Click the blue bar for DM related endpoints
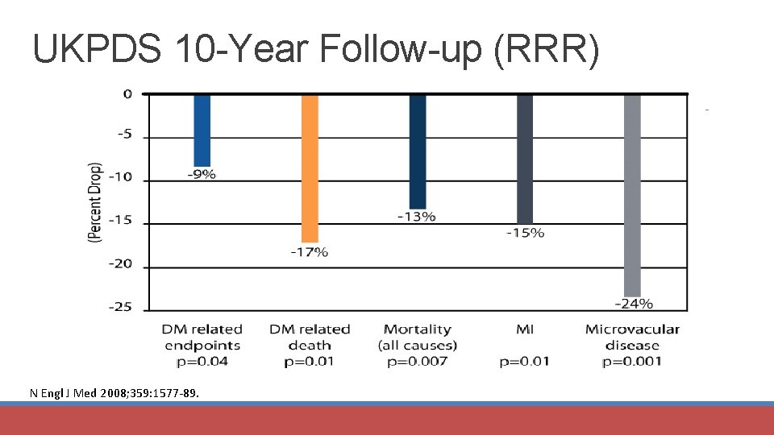click(202, 130)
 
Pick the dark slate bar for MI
click(525, 159)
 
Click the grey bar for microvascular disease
click(632, 195)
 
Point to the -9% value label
click(202, 176)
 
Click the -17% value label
click(310, 252)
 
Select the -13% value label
click(417, 216)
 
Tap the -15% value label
click(525, 233)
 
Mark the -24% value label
click(634, 304)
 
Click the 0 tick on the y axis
click(127, 93)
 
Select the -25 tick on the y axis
click(122, 308)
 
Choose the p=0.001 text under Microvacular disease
click(632, 362)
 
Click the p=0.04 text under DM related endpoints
click(202, 362)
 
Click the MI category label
click(524, 329)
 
